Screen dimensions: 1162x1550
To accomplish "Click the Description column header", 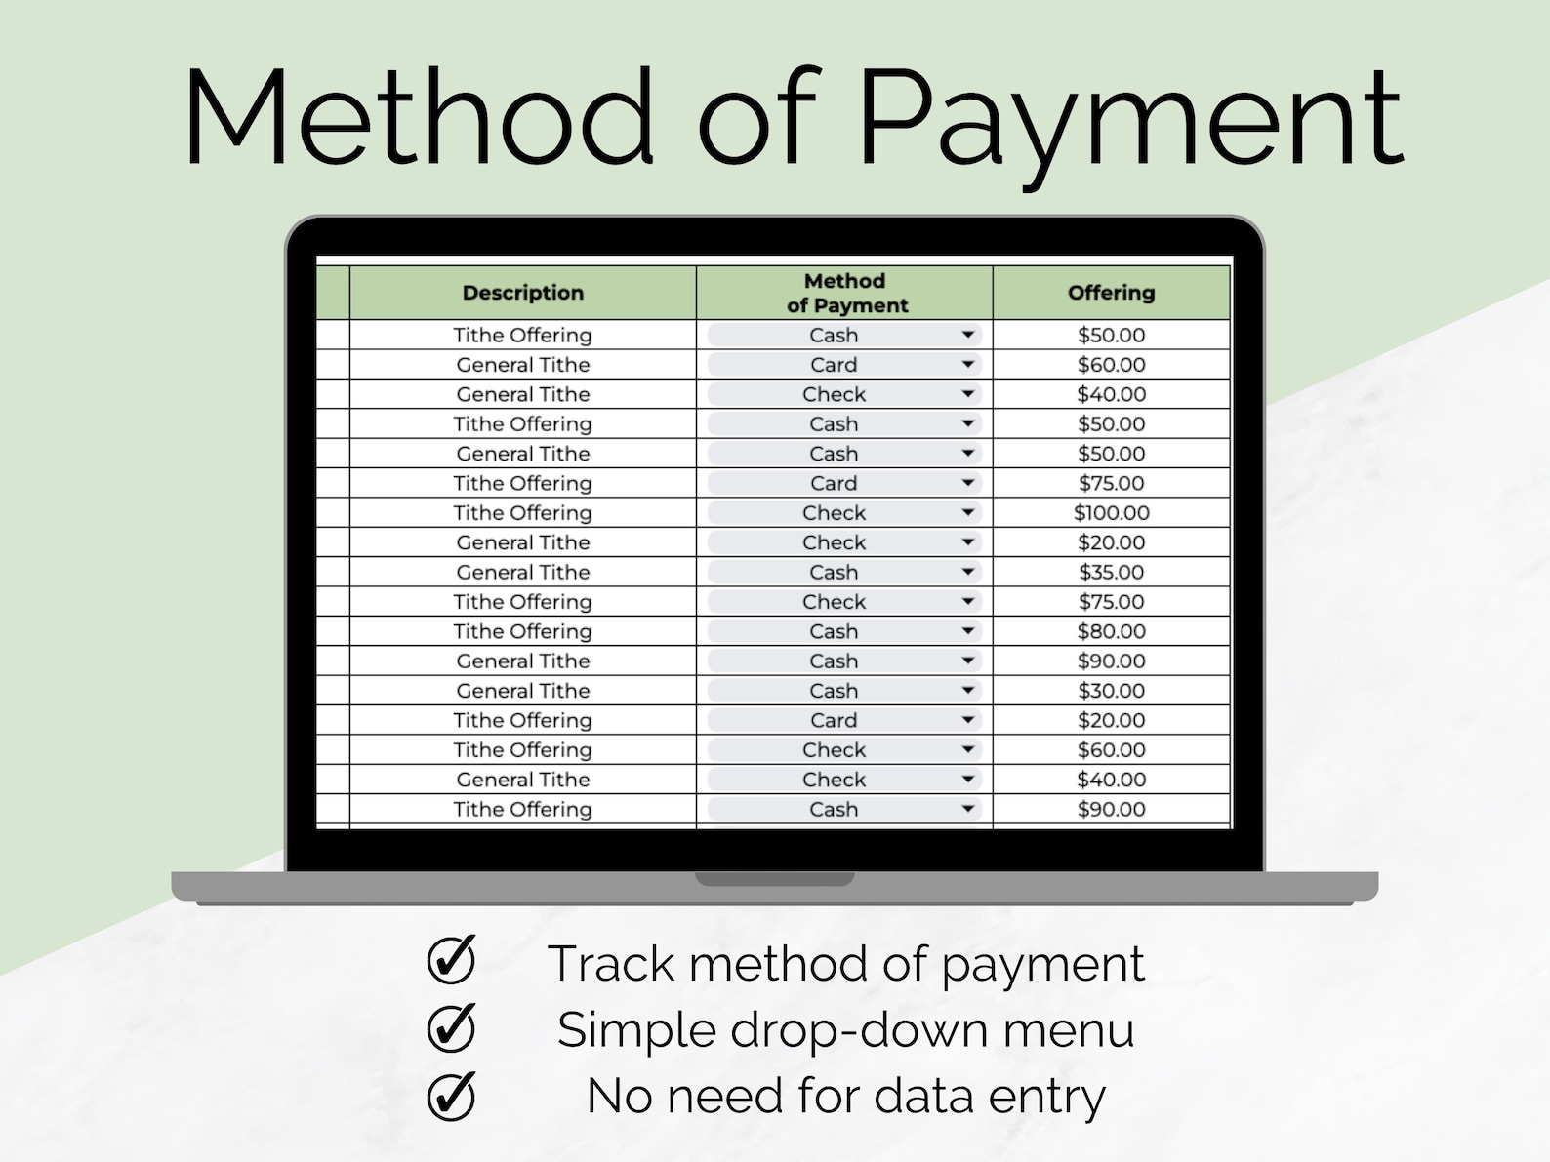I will [x=522, y=293].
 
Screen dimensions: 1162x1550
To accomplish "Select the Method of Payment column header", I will [x=845, y=293].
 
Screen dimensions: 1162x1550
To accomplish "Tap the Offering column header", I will [x=1111, y=293].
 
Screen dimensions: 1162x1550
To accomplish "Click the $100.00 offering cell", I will [x=1111, y=513].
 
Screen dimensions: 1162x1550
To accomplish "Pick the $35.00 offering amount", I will [x=1111, y=573].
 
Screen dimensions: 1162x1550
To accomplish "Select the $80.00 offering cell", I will [x=1111, y=631].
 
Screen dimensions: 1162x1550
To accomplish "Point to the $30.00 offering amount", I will [x=1111, y=691].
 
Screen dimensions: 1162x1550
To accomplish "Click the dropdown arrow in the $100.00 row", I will [x=967, y=513].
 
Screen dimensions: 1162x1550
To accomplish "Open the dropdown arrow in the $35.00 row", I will [x=967, y=573].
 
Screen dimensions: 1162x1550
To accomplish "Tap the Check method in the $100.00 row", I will [x=834, y=513].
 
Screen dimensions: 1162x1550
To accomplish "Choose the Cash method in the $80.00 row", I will [x=834, y=631].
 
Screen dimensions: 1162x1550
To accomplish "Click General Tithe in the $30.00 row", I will [x=522, y=691].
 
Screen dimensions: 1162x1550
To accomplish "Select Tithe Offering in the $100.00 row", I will [x=522, y=513].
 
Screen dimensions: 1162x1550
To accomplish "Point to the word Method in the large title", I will [x=418, y=117].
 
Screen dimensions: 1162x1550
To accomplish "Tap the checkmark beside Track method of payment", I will [x=451, y=960].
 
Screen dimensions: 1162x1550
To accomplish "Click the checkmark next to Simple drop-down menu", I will [x=451, y=1027].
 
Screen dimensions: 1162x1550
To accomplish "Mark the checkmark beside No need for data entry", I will [x=451, y=1096].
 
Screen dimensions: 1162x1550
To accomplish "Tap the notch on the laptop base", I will [x=774, y=879].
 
